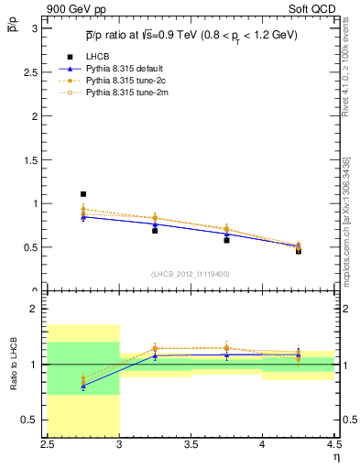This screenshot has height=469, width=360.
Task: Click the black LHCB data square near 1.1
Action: coord(83,194)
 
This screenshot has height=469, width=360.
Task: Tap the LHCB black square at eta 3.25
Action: coord(155,231)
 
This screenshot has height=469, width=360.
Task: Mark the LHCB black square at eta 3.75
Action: coord(226,240)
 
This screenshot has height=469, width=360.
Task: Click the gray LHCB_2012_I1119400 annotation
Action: coord(191,274)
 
